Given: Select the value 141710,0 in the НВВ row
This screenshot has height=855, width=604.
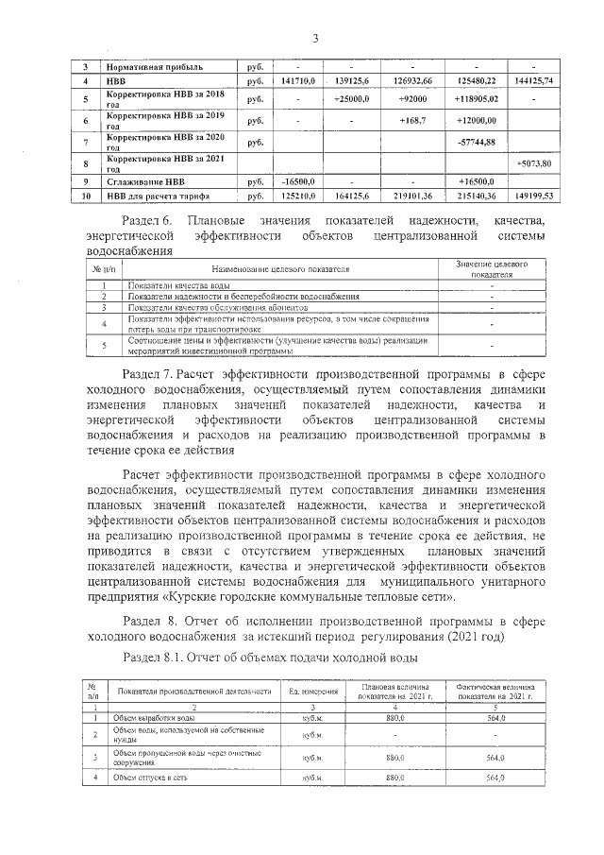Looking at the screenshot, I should coord(291,81).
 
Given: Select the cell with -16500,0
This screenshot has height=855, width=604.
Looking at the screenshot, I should coord(291,180).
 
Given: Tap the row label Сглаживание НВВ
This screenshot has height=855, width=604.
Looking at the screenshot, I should coord(146,180).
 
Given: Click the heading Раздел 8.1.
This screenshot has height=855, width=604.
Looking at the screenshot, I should coord(155,657).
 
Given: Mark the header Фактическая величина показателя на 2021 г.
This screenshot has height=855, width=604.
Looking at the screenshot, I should coord(496,693).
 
